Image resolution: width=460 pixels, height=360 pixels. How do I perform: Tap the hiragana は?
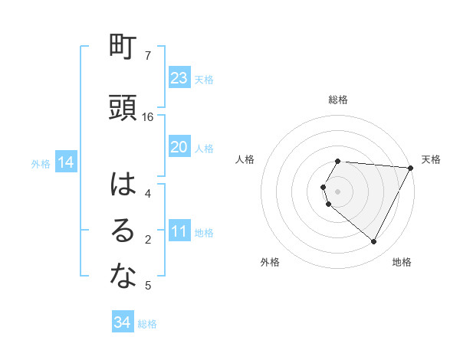tap(123, 184)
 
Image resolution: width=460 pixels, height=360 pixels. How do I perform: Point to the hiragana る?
tap(123, 231)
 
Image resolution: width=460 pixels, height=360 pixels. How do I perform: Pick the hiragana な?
tap(123, 277)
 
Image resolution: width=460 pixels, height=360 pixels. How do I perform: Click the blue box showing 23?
tap(179, 78)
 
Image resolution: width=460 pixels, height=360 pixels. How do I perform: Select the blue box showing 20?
tap(179, 147)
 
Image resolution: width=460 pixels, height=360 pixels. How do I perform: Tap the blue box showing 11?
tap(179, 232)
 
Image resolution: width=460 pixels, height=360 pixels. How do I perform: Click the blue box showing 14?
tap(66, 162)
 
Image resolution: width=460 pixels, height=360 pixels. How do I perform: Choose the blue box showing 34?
tap(123, 322)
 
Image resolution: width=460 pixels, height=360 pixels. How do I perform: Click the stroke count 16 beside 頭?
tap(148, 117)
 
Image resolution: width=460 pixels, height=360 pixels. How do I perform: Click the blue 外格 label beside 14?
tap(41, 163)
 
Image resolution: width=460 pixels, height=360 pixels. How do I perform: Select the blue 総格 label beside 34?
tap(147, 324)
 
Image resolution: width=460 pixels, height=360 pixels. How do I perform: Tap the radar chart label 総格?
tap(338, 100)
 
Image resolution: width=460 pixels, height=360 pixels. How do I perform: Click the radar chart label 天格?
tap(431, 159)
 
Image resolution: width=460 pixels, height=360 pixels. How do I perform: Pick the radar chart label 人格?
tap(245, 159)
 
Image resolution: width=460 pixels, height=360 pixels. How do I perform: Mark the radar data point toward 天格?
tap(411, 168)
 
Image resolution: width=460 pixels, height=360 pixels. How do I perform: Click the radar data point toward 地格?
tap(374, 242)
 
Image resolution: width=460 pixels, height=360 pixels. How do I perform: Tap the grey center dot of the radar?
tap(338, 191)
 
